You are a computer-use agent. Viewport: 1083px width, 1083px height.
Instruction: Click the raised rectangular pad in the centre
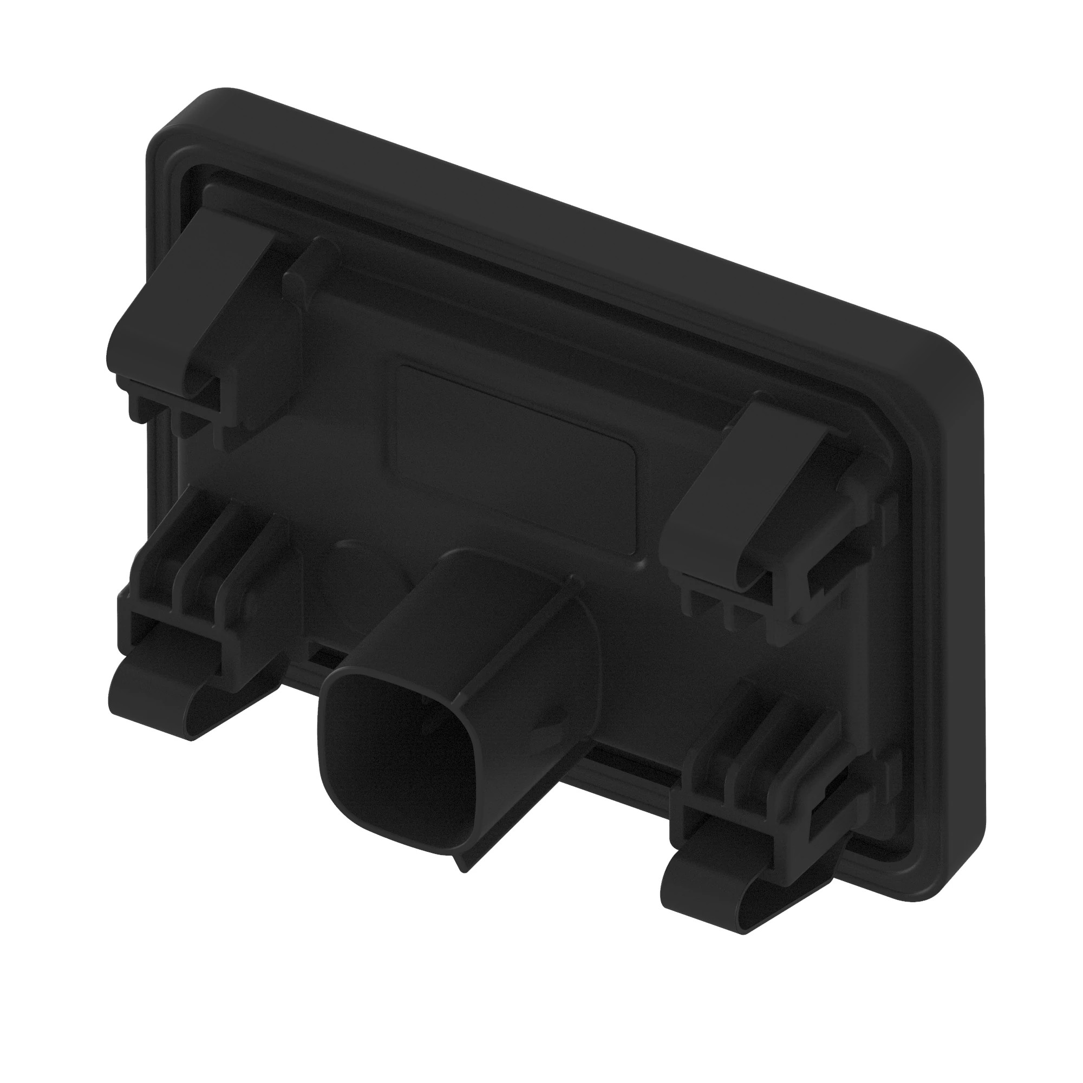click(516, 454)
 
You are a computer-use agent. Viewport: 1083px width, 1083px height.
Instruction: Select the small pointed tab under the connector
click(462, 860)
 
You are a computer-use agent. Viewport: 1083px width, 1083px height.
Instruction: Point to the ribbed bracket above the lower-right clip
click(768, 762)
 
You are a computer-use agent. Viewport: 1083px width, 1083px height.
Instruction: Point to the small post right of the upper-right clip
click(852, 477)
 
